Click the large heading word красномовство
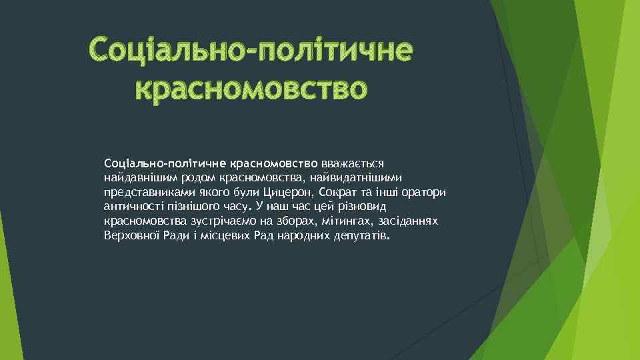pyautogui.click(x=251, y=89)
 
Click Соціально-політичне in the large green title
pyautogui.click(x=251, y=51)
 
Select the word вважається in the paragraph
pyautogui.click(x=357, y=162)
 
